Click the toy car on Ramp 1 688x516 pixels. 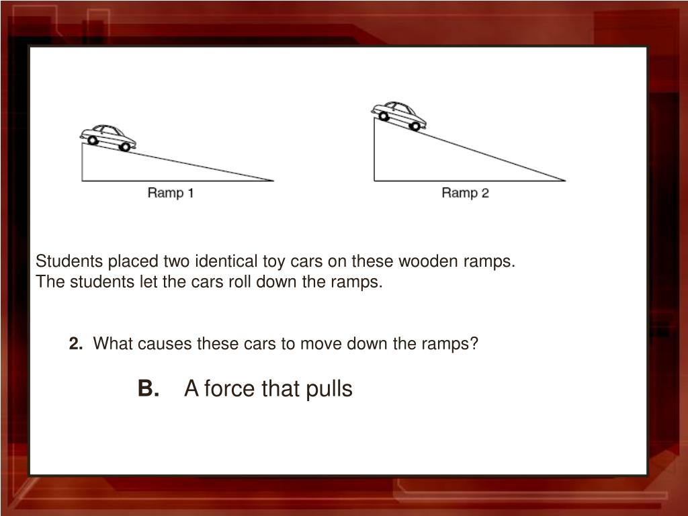point(108,138)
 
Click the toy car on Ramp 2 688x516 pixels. point(399,116)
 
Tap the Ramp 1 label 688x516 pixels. point(170,193)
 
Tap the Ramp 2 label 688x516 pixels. point(465,193)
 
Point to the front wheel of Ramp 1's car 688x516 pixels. point(125,147)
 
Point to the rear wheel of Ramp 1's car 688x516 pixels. point(93,140)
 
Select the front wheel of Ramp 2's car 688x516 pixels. point(415,126)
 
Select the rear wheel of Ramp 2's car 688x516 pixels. point(384,116)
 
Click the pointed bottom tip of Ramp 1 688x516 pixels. point(273,180)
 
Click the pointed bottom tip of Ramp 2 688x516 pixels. point(565,180)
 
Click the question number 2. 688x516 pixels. point(75,343)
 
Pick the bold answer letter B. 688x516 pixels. point(148,388)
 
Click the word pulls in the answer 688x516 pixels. point(329,389)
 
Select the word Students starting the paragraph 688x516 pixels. point(69,261)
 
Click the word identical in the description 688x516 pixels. point(226,261)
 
